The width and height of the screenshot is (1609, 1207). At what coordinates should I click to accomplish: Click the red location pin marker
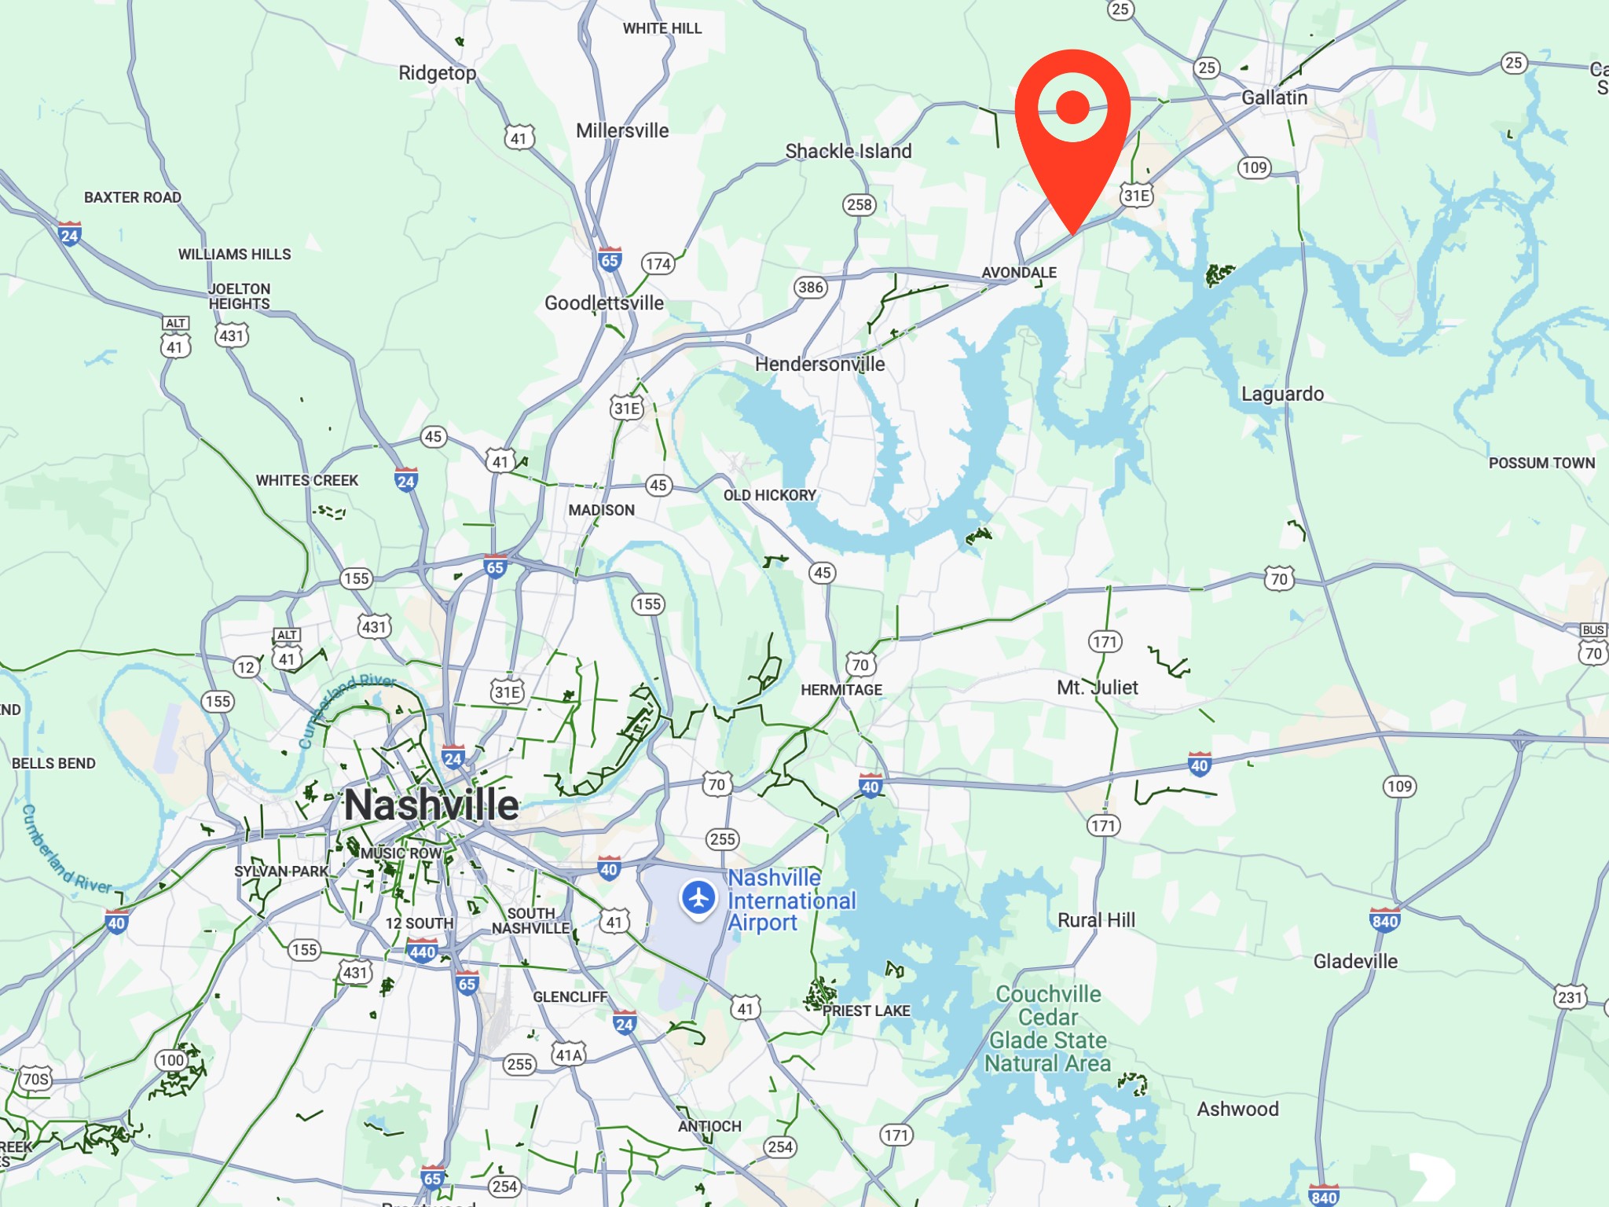(x=1072, y=118)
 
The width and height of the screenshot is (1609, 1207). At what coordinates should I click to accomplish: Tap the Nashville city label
(x=431, y=805)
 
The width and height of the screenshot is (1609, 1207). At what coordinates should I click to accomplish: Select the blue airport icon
(x=698, y=897)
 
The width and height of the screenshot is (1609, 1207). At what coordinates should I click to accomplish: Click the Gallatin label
(x=1274, y=97)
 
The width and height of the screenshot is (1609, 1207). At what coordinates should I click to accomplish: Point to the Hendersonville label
(x=819, y=364)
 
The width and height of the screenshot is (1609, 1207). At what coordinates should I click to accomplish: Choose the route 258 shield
(x=859, y=205)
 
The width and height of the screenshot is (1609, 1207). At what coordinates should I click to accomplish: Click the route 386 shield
(x=810, y=287)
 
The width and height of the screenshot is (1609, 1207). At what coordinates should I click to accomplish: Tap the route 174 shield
(x=658, y=264)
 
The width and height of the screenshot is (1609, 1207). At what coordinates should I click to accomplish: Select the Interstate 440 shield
(x=423, y=952)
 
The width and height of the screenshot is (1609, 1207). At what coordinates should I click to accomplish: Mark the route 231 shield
(x=1570, y=997)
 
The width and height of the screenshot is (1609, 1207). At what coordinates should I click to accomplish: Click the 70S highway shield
(x=35, y=1079)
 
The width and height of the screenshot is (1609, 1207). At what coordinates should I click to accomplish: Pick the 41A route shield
(x=569, y=1055)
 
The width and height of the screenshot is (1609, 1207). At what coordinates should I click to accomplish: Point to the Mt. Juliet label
(x=1097, y=688)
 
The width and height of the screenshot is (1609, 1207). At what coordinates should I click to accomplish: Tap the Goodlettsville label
(x=604, y=303)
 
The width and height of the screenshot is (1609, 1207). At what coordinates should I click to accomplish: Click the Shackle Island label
(x=848, y=151)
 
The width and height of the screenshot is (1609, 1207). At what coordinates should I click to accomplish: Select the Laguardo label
(x=1282, y=394)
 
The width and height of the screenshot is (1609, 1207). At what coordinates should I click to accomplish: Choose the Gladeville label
(x=1355, y=961)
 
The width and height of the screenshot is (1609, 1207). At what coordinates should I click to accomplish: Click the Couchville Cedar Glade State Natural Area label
(x=1048, y=1029)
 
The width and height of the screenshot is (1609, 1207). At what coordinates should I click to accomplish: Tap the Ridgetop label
(x=437, y=73)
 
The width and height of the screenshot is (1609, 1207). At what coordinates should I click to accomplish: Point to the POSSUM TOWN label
(x=1541, y=463)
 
